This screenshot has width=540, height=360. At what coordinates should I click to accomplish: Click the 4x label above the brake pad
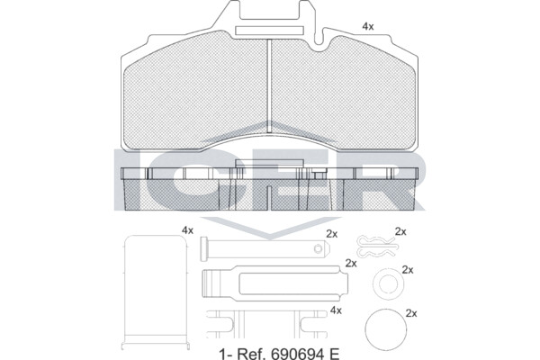click(x=368, y=26)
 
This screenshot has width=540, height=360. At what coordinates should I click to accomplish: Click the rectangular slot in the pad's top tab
click(x=269, y=31)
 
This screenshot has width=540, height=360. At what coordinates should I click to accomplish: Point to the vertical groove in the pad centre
click(x=270, y=85)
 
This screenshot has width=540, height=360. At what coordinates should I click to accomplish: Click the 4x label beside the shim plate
click(x=188, y=230)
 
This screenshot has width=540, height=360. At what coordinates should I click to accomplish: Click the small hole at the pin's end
click(x=319, y=248)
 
